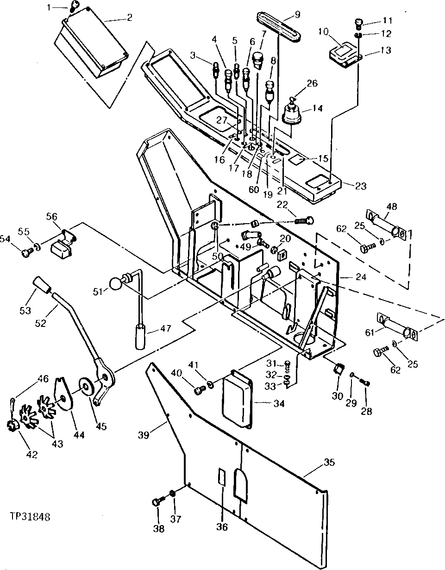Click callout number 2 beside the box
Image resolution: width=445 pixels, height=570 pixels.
[x=129, y=18]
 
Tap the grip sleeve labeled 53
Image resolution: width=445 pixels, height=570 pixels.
[x=42, y=287]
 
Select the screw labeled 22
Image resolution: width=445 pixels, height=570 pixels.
[x=303, y=220]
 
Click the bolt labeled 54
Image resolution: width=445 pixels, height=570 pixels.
[x=27, y=252]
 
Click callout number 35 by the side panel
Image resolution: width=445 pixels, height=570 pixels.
[x=329, y=462]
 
